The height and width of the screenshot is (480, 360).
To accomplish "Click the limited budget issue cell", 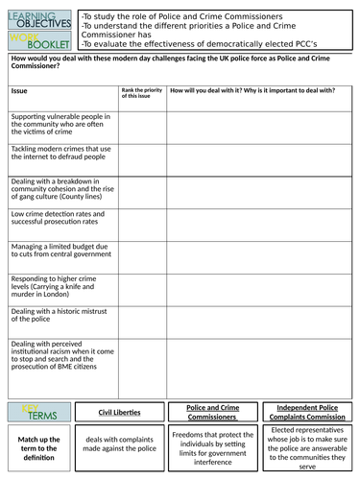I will [61, 252].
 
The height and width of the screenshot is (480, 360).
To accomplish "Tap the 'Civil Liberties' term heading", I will [119, 413].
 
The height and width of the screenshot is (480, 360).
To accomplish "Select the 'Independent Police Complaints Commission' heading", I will [307, 412].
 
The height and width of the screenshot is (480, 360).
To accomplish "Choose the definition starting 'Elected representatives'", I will [307, 447].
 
